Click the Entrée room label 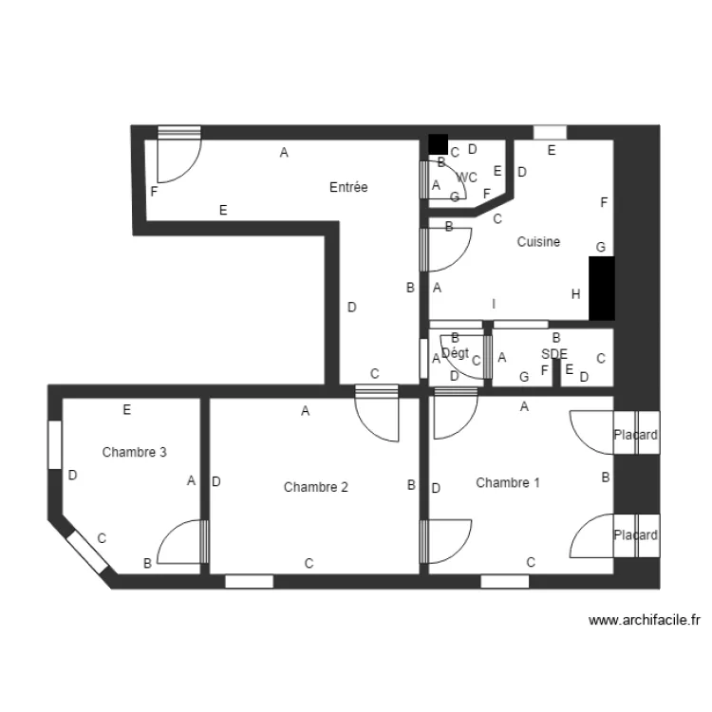pyautogui.click(x=348, y=188)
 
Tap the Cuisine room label pyautogui.click(x=538, y=242)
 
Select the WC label pyautogui.click(x=467, y=178)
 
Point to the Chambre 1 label pyautogui.click(x=508, y=482)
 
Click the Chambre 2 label pyautogui.click(x=315, y=487)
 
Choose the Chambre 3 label pyautogui.click(x=135, y=453)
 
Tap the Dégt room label pyautogui.click(x=456, y=353)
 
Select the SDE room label pyautogui.click(x=554, y=354)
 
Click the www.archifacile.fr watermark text pyautogui.click(x=645, y=621)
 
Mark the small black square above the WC pyautogui.click(x=438, y=144)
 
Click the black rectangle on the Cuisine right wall pyautogui.click(x=602, y=288)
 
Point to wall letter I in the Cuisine pyautogui.click(x=494, y=304)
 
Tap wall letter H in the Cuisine pyautogui.click(x=575, y=294)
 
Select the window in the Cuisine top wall pyautogui.click(x=550, y=132)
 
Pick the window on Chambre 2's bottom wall pyautogui.click(x=250, y=581)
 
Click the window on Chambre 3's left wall pyautogui.click(x=55, y=443)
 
